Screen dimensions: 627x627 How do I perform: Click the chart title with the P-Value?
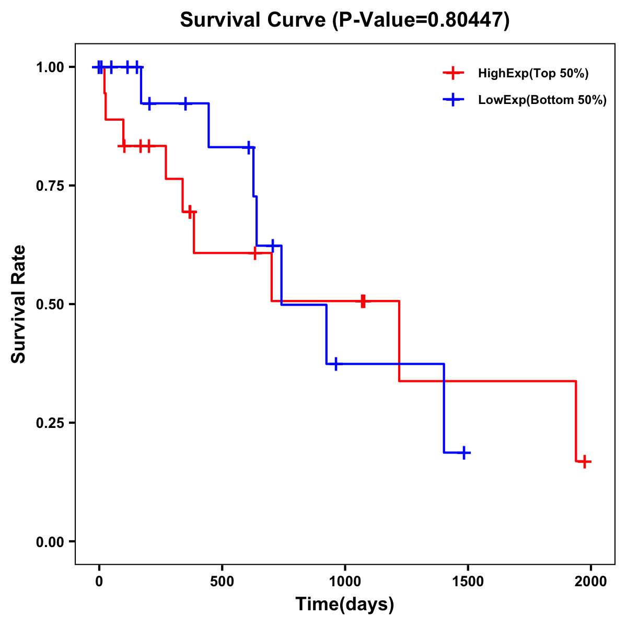coord(344,20)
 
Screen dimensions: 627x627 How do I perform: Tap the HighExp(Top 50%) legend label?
coord(533,74)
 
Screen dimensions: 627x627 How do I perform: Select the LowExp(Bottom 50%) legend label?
coord(542,100)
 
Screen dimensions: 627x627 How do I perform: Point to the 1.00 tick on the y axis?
coord(50,67)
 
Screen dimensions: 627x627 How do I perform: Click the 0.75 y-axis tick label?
coord(50,186)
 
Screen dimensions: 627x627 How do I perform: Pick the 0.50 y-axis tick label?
coord(50,305)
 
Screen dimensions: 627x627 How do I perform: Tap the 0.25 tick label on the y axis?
coord(50,423)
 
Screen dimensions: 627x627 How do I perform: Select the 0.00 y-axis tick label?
coord(50,542)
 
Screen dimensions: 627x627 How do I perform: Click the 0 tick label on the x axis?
coord(99,582)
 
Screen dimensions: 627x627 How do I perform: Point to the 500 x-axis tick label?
coord(222,582)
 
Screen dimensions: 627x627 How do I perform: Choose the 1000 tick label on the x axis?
coord(345,582)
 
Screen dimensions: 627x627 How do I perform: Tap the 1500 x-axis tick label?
coord(468,582)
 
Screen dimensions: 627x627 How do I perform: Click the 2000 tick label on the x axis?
coord(591,582)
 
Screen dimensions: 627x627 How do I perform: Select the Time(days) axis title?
coord(345,605)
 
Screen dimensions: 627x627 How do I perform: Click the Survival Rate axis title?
coord(19,304)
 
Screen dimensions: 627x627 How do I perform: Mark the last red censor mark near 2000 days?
coord(585,461)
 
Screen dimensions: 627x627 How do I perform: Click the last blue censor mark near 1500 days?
coord(463,452)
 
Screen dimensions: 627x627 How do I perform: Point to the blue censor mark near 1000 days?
coord(335,364)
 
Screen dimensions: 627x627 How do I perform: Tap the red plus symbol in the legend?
coord(454,74)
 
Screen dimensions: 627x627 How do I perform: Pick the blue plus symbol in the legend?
coord(454,100)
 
